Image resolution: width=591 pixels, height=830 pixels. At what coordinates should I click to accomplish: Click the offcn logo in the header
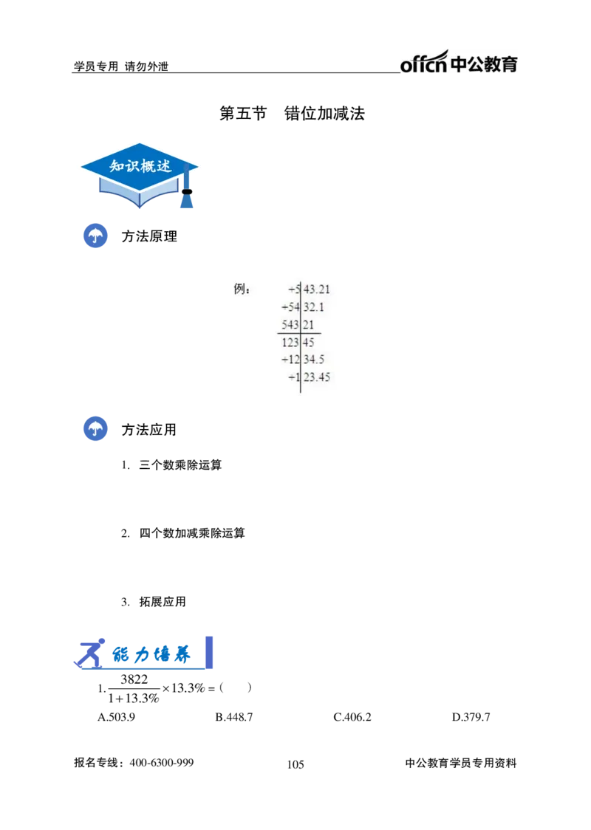459,61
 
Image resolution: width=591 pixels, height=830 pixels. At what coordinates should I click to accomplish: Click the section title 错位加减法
324,113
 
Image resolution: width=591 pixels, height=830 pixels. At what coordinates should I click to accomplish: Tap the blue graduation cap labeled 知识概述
140,175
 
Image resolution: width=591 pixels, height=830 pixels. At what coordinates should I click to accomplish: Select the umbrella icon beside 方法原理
95,236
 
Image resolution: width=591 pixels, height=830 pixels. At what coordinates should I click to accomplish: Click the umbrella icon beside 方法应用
95,429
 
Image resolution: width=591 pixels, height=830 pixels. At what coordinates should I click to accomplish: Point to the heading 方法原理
149,236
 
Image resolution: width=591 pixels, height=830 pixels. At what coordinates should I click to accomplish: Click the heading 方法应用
149,429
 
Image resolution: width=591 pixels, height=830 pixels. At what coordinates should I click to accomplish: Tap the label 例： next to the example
242,289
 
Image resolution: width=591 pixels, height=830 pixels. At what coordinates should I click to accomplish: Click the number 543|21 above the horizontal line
298,324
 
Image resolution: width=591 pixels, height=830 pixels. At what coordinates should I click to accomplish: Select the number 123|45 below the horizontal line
298,342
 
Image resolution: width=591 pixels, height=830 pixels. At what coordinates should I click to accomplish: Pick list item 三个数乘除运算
180,464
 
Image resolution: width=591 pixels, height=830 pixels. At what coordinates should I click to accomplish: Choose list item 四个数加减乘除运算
191,533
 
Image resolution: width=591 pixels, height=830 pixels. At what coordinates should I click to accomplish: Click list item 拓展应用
163,602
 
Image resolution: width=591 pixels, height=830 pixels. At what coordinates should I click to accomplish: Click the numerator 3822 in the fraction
134,679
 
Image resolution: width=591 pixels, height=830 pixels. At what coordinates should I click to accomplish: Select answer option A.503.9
116,717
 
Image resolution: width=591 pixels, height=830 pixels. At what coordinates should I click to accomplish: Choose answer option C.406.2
352,717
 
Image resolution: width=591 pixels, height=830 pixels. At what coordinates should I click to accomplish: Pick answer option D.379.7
471,717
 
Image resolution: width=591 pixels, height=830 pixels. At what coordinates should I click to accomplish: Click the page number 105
295,764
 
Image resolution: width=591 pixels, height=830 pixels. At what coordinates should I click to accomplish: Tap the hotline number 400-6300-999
162,763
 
